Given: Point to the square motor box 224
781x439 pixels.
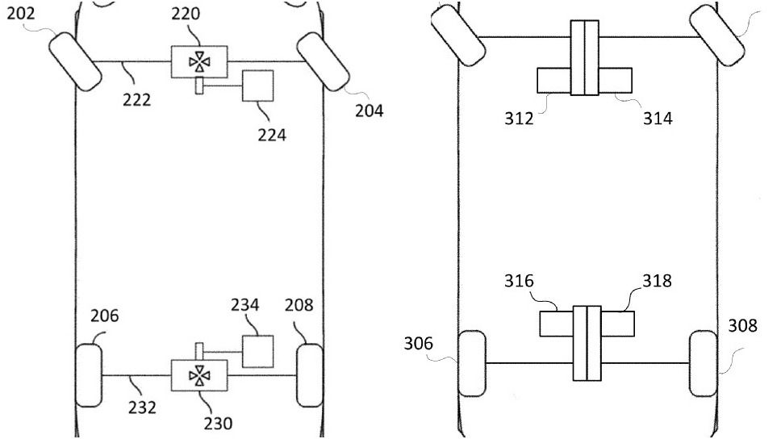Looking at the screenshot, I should tap(258, 86).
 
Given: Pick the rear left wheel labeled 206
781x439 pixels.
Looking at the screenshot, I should tap(89, 374).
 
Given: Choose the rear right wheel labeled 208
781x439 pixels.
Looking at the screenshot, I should tap(310, 375).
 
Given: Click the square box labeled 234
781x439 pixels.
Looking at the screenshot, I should tap(258, 351).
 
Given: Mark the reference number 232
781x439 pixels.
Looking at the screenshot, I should tap(142, 408).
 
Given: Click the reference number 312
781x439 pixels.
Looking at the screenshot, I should tap(519, 119).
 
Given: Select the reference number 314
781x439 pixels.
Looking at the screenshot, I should tap(658, 119).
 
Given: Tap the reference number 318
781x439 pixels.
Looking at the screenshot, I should tap(657, 281).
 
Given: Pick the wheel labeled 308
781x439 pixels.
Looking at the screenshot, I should tap(704, 363).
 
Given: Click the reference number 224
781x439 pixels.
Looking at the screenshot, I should tap(272, 135).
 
